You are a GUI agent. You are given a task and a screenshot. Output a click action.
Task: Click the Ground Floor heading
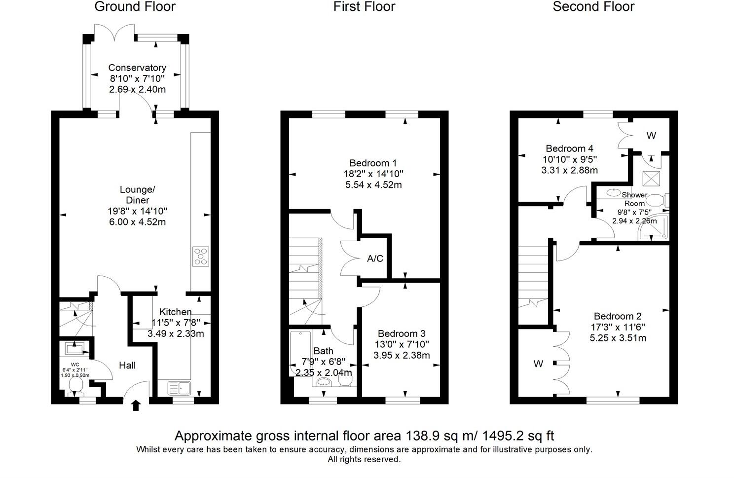pos(135,7)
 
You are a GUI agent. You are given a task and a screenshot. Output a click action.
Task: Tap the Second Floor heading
pos(593,7)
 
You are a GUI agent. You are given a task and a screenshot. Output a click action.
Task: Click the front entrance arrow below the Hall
pos(136,405)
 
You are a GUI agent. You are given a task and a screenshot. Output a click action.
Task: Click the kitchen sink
pos(179,387)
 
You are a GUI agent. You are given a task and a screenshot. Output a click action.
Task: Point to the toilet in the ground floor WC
pos(76,385)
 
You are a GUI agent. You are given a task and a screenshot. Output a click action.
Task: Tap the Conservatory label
pos(137,68)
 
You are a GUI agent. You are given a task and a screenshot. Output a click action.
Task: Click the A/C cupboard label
pos(375,258)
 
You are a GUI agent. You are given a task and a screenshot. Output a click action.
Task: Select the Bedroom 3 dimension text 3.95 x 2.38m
pos(402,355)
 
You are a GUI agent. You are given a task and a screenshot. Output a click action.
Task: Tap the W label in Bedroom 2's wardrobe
pos(538,364)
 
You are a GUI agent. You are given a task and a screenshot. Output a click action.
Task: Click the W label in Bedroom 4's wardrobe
pos(651,136)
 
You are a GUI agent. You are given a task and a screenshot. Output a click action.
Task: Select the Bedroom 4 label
pos(569,148)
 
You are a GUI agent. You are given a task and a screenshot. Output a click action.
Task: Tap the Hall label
pos(127,365)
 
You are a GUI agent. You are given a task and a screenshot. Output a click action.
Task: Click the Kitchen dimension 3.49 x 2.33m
pos(176,333)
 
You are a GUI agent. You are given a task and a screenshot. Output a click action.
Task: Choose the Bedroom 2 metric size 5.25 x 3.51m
pos(618,338)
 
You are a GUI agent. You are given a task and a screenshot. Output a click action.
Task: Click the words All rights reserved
pos(364,459)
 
